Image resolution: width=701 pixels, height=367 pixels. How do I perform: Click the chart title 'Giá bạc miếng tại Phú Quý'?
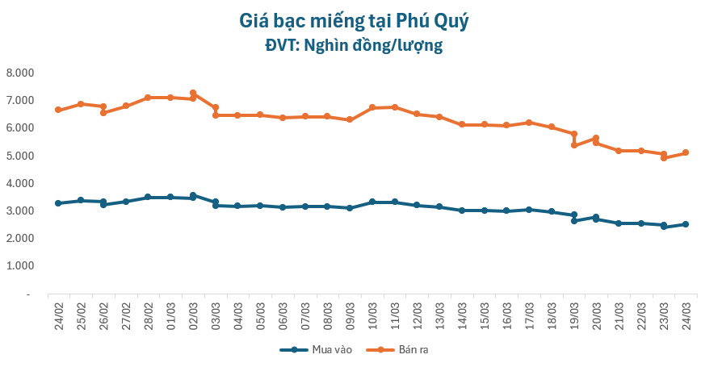coord(355,20)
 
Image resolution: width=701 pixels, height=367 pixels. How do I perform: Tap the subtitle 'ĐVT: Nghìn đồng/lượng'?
coord(355,45)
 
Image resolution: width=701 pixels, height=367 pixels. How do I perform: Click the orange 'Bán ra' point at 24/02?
coord(58,110)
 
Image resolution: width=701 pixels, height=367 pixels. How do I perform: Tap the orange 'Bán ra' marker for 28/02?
coord(148,98)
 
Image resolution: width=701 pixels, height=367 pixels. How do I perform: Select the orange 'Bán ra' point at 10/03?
coord(372,107)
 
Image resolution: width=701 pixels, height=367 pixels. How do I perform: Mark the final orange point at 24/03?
coord(686,152)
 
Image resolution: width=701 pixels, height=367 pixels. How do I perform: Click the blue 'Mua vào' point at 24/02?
coord(58,203)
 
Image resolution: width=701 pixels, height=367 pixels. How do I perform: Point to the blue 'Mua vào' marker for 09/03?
coord(350,208)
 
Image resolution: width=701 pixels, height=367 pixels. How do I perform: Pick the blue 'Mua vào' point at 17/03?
coord(529,210)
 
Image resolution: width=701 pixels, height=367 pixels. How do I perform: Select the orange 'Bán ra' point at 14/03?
coord(462,124)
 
